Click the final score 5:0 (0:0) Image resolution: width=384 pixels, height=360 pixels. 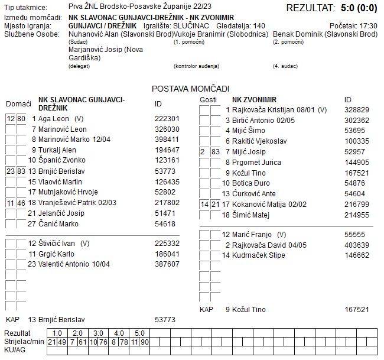[x=356, y=8]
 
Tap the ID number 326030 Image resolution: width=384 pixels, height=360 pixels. [x=167, y=129]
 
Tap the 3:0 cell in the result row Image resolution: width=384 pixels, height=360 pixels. [x=98, y=333]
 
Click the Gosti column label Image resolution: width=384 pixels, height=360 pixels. [x=209, y=99]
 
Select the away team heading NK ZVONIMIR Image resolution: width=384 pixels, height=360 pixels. [x=254, y=99]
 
